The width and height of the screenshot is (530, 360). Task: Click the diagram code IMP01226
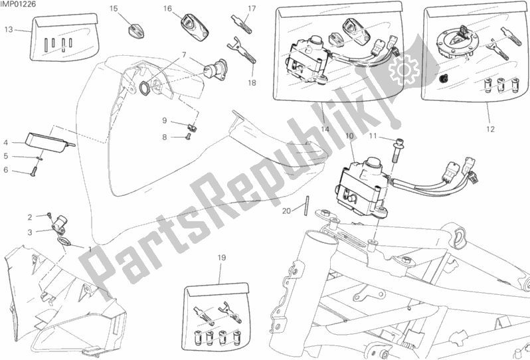coord(18,4)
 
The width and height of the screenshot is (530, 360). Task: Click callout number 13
coord(9,30)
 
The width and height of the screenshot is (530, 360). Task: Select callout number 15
coord(114,9)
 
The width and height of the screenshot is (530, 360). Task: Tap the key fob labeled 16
coord(195,24)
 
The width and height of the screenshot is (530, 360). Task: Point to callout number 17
coord(252,9)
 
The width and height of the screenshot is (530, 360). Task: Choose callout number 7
coord(184,54)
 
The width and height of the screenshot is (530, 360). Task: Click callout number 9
coord(165,120)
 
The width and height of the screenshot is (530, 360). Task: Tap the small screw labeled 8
coord(188,137)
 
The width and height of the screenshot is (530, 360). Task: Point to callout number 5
coord(6,156)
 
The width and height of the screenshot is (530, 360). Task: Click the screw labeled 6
coord(33,173)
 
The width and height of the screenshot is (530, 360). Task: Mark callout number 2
coord(30,217)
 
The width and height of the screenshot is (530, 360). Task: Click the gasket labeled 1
coord(65,242)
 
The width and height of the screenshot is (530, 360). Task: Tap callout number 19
coord(221,258)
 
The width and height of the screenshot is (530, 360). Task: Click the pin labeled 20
coord(307,205)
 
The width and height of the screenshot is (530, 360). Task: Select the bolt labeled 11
coord(396,150)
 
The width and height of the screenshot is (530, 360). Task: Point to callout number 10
coord(349,135)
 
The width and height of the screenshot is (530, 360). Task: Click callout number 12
coord(490,129)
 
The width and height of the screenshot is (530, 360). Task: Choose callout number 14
coord(325,129)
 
